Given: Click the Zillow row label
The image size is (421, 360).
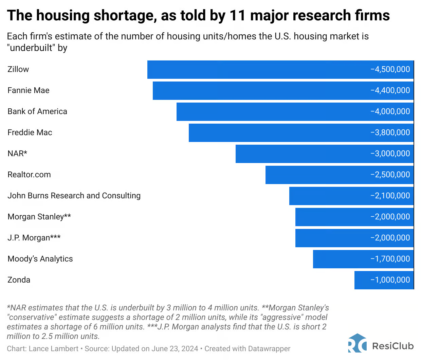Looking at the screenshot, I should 18,69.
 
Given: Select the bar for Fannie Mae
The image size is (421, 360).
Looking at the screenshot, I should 258,90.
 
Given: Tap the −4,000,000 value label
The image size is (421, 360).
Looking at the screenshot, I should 390,111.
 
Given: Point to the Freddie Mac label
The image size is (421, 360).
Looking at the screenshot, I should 30,132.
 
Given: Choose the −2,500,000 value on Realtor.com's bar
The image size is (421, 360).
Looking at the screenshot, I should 390,175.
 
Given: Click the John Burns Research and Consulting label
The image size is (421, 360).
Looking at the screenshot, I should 74,196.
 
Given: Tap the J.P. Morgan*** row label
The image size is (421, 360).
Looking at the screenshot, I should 34,238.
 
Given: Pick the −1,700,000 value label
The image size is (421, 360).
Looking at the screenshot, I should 390,259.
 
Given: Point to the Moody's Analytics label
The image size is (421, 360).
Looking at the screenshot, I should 40,259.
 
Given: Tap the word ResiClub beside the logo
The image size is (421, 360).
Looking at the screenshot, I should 393,346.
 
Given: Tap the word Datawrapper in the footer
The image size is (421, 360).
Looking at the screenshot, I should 269,349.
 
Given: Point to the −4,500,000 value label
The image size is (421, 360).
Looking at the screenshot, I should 390,69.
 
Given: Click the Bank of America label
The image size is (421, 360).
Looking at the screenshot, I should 37,111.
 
